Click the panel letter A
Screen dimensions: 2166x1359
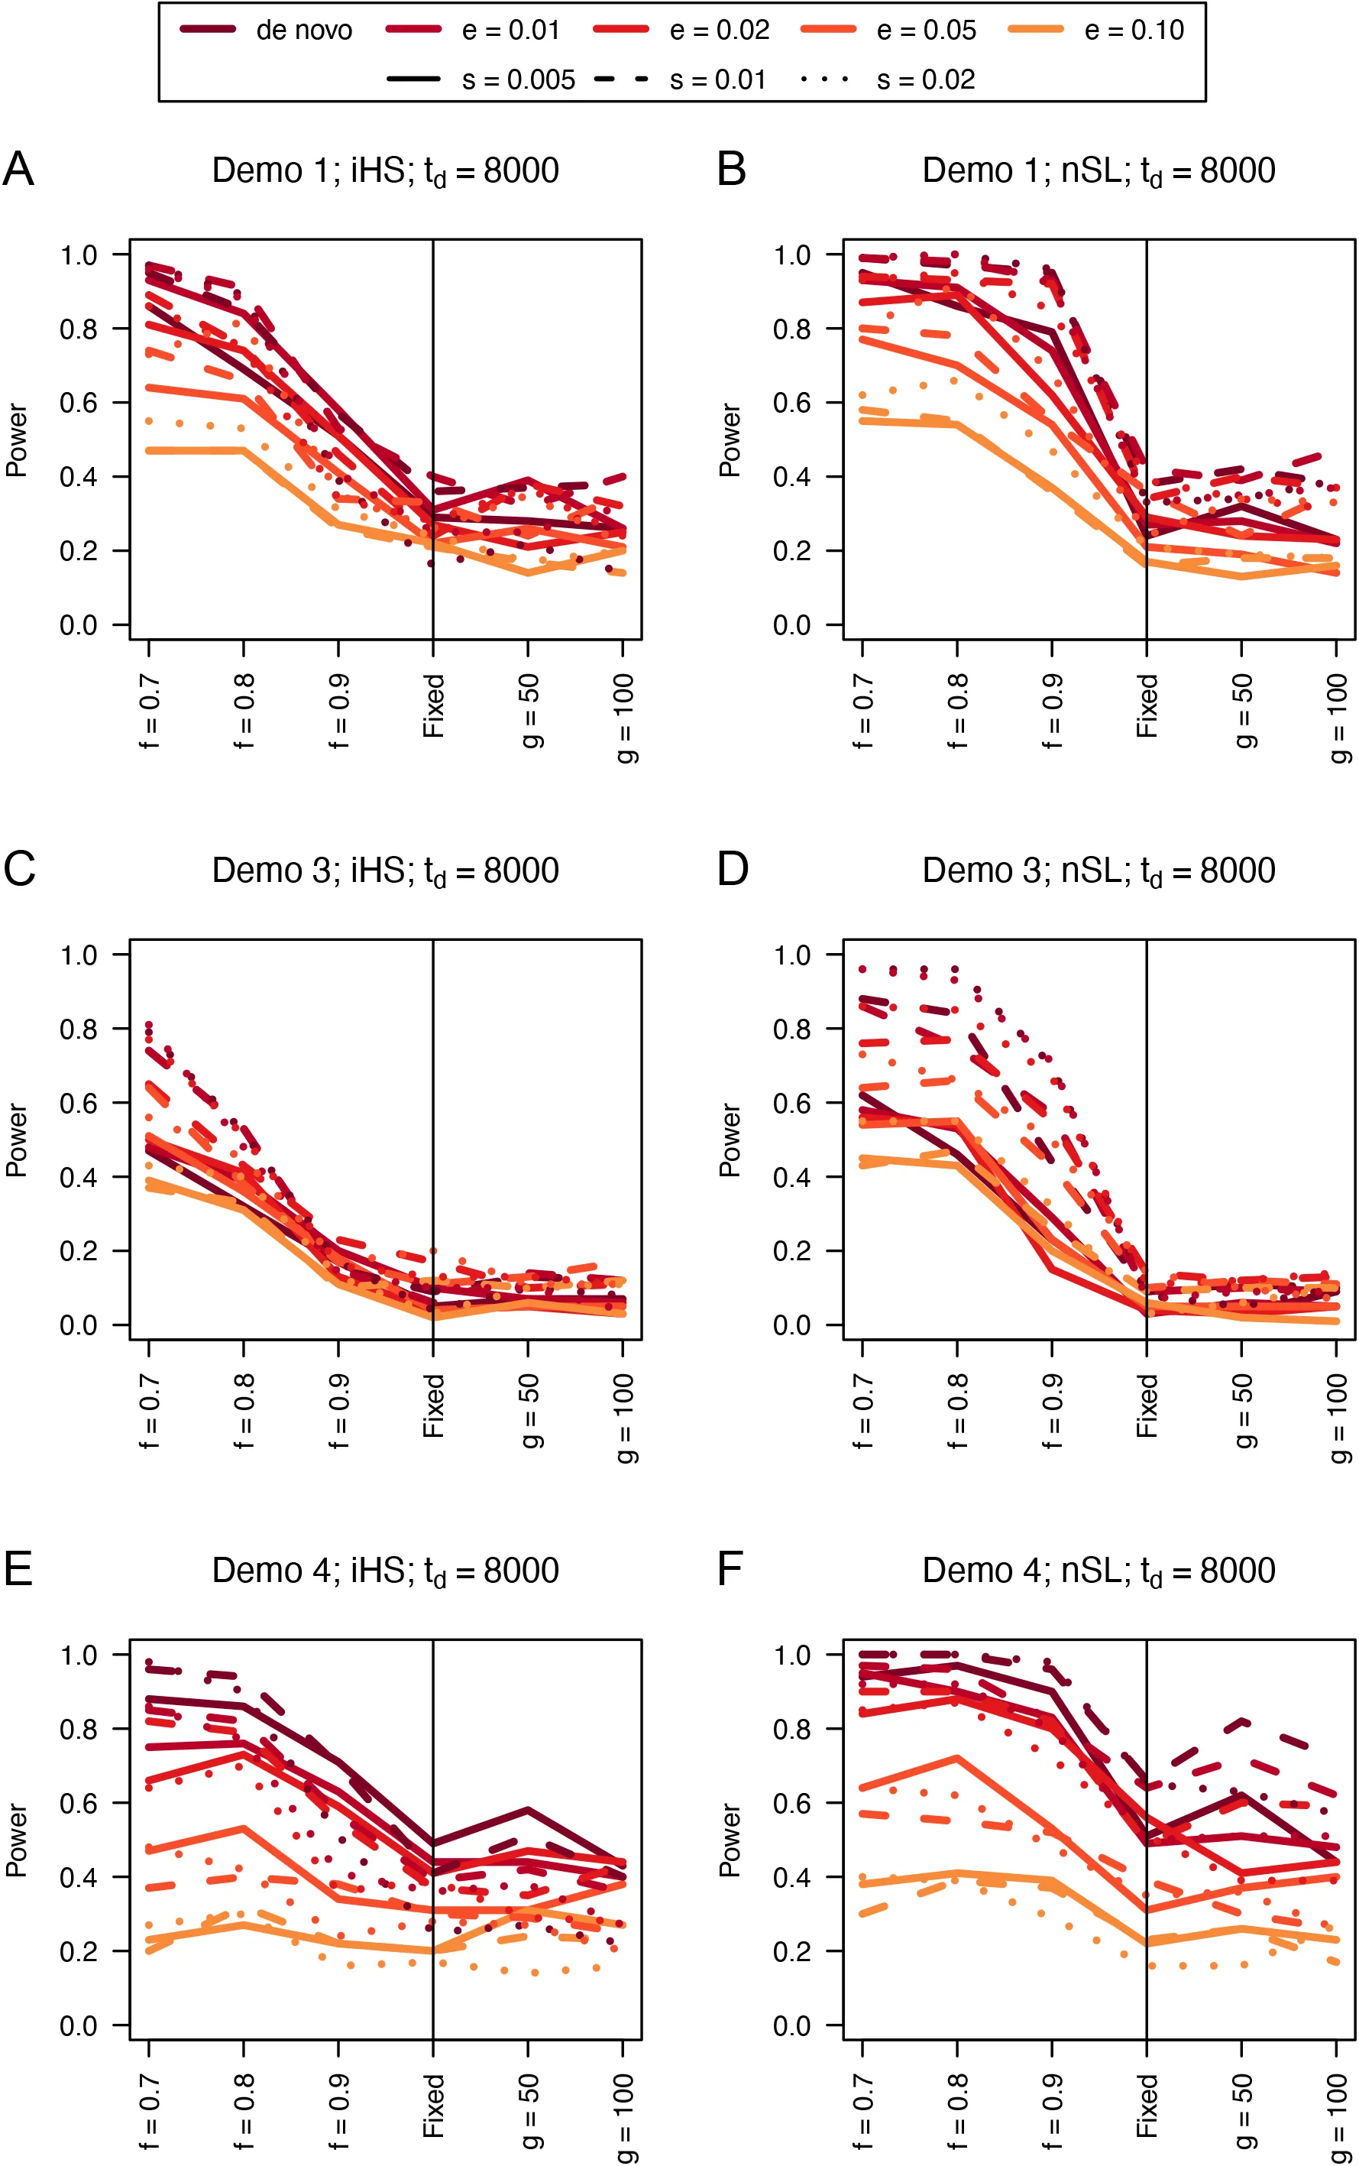(18, 169)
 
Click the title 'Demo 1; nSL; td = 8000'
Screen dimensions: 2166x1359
(1099, 171)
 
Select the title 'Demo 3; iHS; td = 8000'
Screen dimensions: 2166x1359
(385, 871)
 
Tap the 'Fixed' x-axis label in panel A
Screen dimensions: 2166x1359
(434, 705)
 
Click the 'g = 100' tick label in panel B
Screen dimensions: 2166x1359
(1338, 718)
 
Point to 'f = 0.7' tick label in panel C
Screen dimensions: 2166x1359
(149, 1411)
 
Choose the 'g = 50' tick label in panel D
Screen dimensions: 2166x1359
(1243, 1411)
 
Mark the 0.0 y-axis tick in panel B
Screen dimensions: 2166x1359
(792, 625)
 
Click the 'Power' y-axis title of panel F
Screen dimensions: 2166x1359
(730, 1840)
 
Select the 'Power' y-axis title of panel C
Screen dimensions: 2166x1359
(16, 1140)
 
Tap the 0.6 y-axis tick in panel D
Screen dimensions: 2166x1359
(792, 1103)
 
